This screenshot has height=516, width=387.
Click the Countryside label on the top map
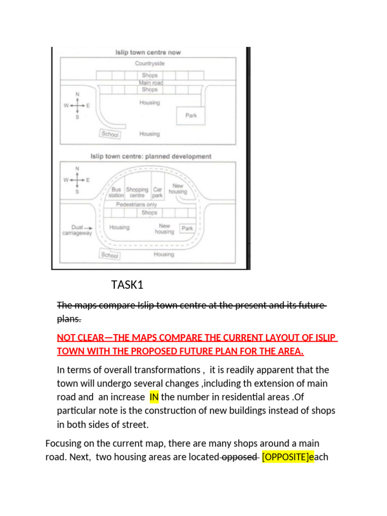click(150, 63)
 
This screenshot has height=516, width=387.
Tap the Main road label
click(150, 83)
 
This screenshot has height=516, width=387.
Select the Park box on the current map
click(191, 115)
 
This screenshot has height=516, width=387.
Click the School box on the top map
click(109, 134)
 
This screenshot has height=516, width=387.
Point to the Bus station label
click(116, 192)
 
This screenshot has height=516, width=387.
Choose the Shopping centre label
click(137, 192)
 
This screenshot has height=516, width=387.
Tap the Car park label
click(158, 192)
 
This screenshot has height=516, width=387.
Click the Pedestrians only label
click(136, 205)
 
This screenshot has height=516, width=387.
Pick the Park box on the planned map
click(187, 228)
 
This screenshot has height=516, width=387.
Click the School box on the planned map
click(109, 255)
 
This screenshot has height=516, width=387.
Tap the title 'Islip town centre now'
click(148, 52)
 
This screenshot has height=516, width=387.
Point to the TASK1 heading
click(127, 285)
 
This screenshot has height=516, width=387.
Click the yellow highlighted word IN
click(154, 397)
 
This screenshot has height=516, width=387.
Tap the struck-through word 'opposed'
click(240, 457)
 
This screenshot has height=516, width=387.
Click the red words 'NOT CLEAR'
click(81, 338)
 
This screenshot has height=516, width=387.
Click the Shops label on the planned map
click(149, 213)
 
